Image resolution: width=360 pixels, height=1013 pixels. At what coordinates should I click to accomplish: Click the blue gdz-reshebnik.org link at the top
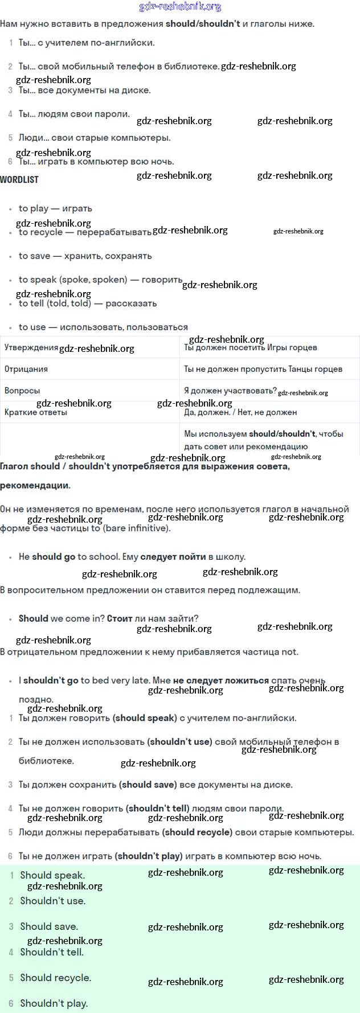pyautogui.click(x=180, y=7)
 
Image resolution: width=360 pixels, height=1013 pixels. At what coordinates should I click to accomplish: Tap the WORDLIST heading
pyautogui.click(x=19, y=179)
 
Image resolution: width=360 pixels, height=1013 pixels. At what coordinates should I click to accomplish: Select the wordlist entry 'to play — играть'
pyautogui.click(x=55, y=208)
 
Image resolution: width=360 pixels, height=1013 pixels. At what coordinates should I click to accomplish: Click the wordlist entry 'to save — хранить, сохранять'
pyautogui.click(x=85, y=256)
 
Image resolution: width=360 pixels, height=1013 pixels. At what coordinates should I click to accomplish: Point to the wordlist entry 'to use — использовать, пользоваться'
pyautogui.click(x=103, y=327)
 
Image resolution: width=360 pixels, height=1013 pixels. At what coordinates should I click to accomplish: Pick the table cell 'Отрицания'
pyautogui.click(x=26, y=369)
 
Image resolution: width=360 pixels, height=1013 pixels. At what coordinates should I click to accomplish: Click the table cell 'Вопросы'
pyautogui.click(x=22, y=391)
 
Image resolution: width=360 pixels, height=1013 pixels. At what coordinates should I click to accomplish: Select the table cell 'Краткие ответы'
pyautogui.click(x=36, y=412)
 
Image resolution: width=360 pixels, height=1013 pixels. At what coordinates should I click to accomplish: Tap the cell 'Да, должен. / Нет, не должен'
pyautogui.click(x=240, y=412)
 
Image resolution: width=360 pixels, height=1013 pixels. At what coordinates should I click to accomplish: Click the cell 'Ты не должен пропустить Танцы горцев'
pyautogui.click(x=263, y=369)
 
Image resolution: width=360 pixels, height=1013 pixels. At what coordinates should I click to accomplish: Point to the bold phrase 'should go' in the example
pyautogui.click(x=54, y=557)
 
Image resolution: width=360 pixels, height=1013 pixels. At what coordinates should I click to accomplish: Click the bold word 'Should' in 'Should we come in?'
pyautogui.click(x=33, y=618)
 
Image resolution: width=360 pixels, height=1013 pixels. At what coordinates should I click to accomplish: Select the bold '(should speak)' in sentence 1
pyautogui.click(x=145, y=718)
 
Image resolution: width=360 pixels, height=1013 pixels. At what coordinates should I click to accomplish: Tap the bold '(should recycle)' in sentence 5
pyautogui.click(x=198, y=832)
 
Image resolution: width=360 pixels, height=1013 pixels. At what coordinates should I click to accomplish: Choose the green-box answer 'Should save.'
pyautogui.click(x=49, y=926)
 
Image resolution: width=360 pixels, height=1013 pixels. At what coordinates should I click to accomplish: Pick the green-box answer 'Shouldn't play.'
pyautogui.click(x=54, y=1003)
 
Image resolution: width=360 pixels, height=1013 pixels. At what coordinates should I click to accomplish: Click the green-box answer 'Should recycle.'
pyautogui.click(x=56, y=978)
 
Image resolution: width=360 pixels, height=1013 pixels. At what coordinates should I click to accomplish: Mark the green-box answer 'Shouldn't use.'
pyautogui.click(x=53, y=901)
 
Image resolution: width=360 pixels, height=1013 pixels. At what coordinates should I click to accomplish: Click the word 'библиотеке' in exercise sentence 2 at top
pyautogui.click(x=191, y=67)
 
